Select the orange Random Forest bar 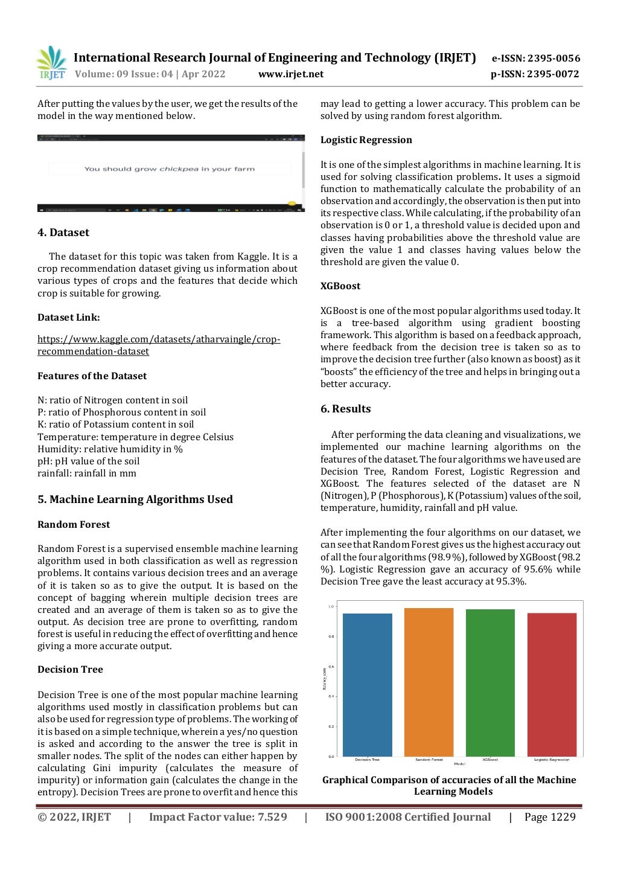[428, 682]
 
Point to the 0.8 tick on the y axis [331, 636]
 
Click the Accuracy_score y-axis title [325, 678]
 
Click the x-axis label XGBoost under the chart [490, 760]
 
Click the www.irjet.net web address [291, 74]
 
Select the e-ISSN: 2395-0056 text [536, 59]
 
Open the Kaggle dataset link [159, 345]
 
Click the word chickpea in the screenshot [179, 169]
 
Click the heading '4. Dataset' [63, 232]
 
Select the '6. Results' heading [345, 409]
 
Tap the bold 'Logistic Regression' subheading [366, 140]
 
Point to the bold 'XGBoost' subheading [340, 286]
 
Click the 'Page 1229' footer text [550, 817]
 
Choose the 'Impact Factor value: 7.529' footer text [218, 817]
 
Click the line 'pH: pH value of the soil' [89, 461]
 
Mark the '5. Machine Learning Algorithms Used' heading [135, 499]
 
